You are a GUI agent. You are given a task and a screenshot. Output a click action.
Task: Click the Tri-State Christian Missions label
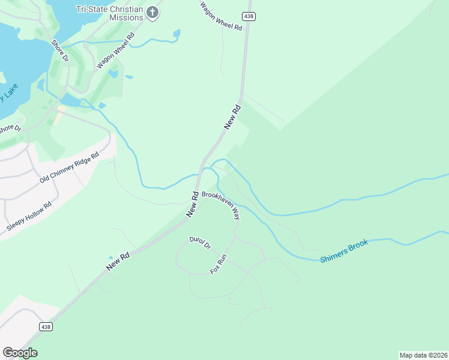110,13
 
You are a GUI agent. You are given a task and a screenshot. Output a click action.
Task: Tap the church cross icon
153,13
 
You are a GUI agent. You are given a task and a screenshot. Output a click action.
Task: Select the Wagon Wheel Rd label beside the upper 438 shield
221,16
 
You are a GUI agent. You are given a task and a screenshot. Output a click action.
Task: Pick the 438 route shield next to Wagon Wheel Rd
249,15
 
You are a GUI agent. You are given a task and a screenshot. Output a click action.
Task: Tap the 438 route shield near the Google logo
46,326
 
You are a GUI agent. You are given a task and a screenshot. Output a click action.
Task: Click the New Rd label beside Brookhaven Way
193,204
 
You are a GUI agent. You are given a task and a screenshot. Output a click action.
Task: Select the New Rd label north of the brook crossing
232,116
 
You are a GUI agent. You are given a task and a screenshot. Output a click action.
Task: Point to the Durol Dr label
200,243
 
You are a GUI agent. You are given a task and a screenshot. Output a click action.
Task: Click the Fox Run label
218,265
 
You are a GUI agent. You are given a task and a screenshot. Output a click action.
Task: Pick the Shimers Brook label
344,251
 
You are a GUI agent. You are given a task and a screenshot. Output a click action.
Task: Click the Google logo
20,353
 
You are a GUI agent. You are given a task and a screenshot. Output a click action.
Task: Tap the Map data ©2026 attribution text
423,355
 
